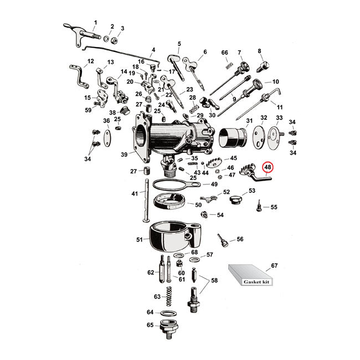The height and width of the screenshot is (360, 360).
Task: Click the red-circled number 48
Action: point(268,167)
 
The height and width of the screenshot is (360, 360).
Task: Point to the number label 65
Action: point(150,326)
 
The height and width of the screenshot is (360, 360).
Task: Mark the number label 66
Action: point(224,53)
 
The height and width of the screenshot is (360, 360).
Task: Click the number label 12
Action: point(91,61)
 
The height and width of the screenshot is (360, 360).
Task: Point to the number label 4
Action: point(153,50)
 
